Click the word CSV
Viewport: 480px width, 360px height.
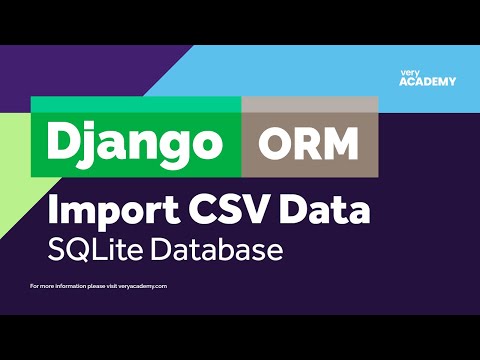tap(231, 211)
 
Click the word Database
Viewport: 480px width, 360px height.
tap(216, 248)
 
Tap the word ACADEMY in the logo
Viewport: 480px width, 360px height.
tap(426, 82)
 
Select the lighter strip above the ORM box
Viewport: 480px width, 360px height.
tap(310, 105)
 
